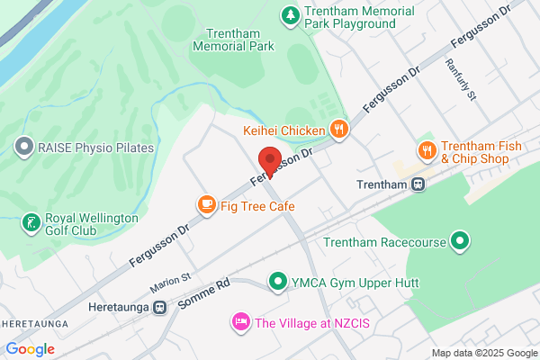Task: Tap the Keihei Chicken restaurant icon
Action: [338, 130]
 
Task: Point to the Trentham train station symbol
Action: [418, 184]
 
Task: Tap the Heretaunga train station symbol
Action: [159, 307]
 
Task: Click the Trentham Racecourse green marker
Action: [460, 240]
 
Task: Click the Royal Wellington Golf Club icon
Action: [31, 222]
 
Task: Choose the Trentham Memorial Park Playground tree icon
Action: [290, 14]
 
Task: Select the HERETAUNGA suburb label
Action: [34, 322]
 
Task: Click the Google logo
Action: [30, 349]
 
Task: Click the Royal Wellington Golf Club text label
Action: [93, 224]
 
